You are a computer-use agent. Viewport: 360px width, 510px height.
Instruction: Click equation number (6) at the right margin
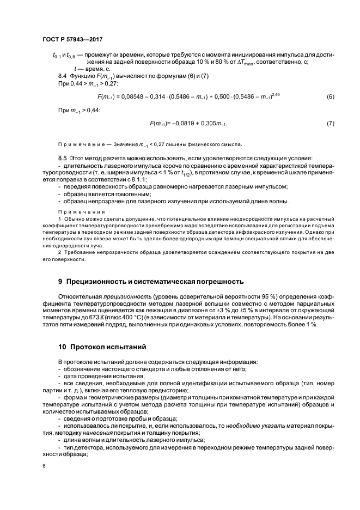click(330, 97)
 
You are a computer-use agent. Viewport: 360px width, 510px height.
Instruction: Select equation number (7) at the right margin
click(330, 124)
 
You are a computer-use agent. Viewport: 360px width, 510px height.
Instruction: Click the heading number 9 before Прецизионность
click(60, 282)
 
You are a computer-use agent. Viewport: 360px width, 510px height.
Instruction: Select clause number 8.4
click(62, 75)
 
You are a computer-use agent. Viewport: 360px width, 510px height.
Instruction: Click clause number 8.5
click(62, 158)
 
